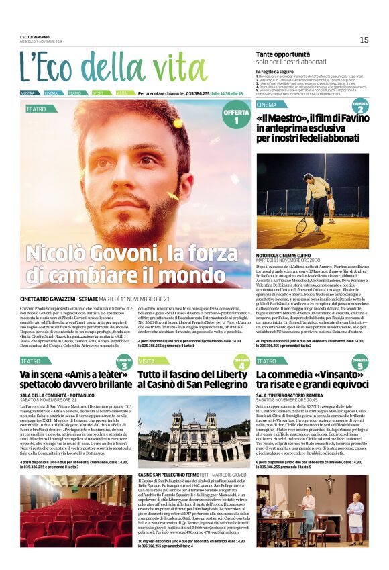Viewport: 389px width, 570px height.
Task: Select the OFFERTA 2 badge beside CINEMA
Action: tap(360, 107)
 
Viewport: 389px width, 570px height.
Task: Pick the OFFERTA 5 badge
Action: tap(360, 363)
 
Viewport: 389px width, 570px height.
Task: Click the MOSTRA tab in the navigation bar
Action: tap(27, 93)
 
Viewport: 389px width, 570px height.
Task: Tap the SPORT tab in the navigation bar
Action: tap(98, 93)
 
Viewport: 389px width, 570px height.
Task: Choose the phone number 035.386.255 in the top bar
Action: tap(194, 93)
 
